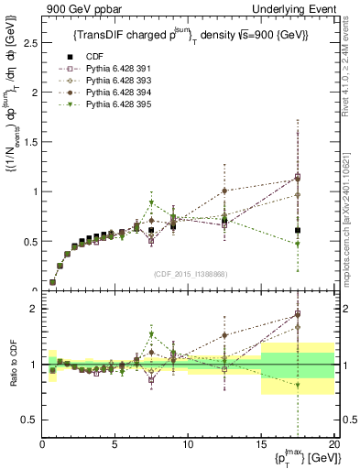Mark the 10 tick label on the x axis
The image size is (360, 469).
(x=188, y=444)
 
